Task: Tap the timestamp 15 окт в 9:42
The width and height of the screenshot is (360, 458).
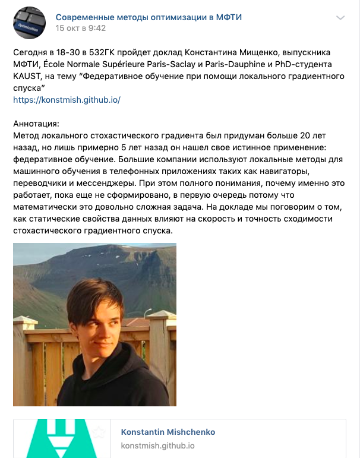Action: point(81,28)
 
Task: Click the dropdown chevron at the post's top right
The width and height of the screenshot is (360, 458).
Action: point(340,18)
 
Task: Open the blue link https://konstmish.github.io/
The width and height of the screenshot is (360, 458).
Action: point(67,99)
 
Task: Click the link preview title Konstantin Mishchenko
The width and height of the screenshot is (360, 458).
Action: point(168,432)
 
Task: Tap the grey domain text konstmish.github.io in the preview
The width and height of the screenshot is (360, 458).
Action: point(157,446)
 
